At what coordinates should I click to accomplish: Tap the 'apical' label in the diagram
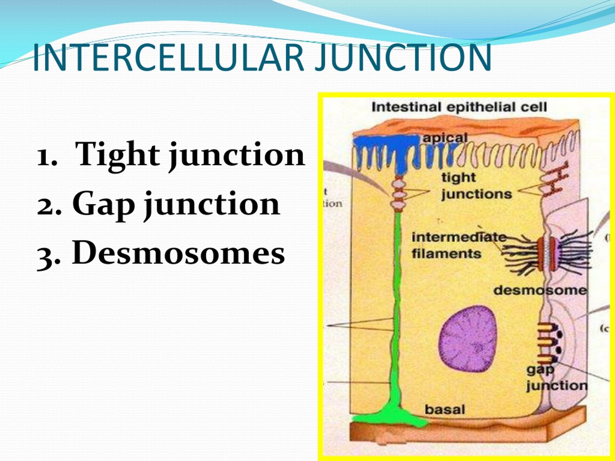[445, 138]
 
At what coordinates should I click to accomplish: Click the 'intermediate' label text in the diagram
[459, 237]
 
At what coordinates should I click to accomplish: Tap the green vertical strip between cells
[398, 306]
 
